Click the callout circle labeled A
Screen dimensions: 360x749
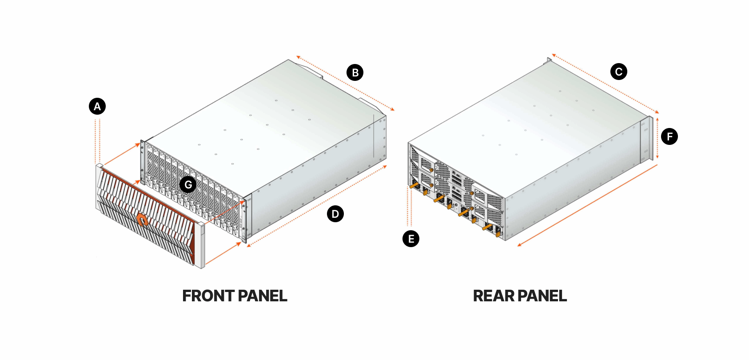97,107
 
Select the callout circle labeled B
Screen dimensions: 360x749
355,72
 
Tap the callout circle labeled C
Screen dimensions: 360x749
618,72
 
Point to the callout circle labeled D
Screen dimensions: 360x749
335,214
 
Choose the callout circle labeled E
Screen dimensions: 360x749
411,239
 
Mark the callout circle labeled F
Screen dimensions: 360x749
669,136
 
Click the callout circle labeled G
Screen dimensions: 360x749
188,184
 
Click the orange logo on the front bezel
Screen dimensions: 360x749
142,219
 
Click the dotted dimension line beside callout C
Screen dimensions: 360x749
605,83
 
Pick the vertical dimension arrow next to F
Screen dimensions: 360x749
657,138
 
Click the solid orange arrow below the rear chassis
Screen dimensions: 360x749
587,205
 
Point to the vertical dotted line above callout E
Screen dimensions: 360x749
410,207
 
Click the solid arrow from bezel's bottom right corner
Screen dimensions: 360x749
223,254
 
